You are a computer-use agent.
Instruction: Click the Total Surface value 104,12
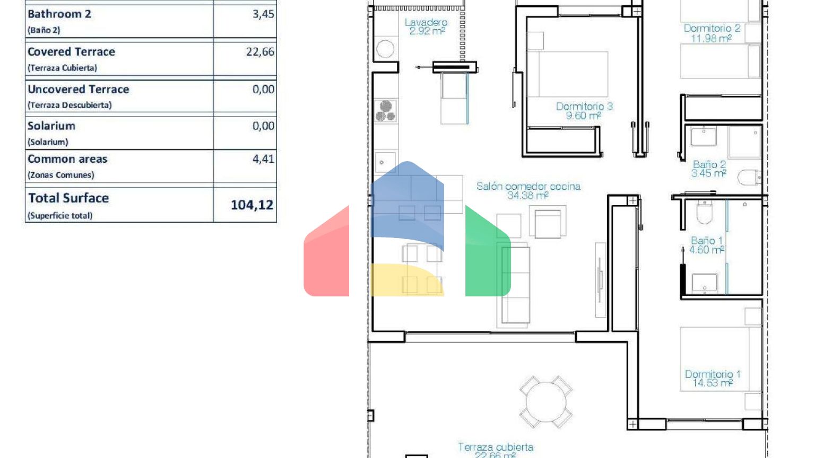coord(252,205)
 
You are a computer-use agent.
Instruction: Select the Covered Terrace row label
coord(71,52)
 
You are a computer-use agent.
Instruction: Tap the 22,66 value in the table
coord(260,52)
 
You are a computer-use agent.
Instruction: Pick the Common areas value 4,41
coord(263,159)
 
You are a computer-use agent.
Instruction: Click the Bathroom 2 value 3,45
coord(263,14)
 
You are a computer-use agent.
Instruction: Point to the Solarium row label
coord(51,126)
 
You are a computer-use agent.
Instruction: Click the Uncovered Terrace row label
coord(78,89)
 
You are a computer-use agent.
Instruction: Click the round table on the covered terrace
coord(546,402)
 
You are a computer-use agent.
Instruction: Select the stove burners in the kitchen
coord(386,111)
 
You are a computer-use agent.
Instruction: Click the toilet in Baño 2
coord(750,178)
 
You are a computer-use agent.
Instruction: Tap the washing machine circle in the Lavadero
coord(385,49)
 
